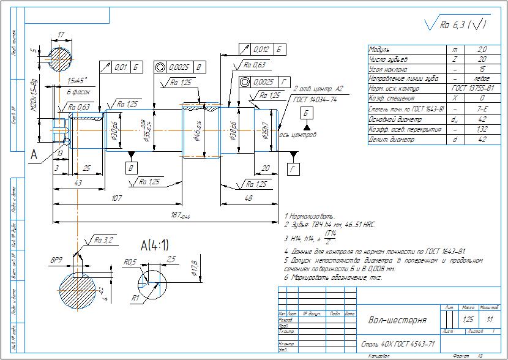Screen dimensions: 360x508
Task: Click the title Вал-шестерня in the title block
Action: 398,320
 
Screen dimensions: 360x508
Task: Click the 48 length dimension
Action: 249,198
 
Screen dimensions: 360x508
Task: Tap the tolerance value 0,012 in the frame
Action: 261,49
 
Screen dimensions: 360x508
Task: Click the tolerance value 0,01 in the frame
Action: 120,67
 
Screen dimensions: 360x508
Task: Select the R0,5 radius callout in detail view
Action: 129,261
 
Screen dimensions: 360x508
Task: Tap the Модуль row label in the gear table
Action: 381,50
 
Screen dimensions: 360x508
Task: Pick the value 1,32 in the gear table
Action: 482,130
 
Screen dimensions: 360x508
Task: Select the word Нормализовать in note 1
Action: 313,217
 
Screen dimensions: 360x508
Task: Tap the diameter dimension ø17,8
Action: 195,271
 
